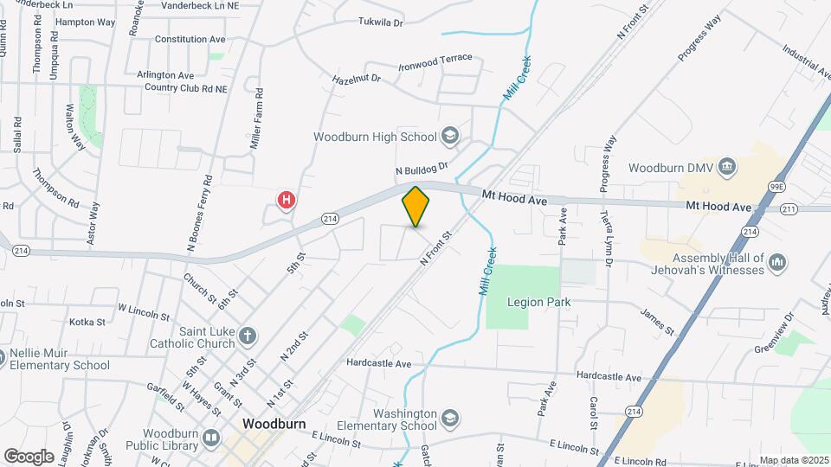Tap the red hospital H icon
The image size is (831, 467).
[287, 201]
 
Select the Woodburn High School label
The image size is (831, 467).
[375, 137]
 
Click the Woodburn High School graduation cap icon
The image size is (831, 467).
[450, 136]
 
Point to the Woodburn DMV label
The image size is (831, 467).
[669, 168]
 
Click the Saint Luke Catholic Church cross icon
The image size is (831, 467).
[247, 336]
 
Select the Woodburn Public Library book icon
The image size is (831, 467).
[211, 438]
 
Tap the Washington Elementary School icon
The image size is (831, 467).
[449, 419]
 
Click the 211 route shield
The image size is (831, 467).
[788, 208]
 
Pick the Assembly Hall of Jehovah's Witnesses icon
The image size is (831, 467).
[776, 261]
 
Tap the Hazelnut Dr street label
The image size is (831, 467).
[357, 79]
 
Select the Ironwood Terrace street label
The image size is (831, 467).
[435, 60]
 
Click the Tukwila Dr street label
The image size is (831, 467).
[380, 22]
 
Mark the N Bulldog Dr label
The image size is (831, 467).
[422, 168]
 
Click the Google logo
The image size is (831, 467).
[29, 456]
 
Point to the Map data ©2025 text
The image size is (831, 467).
[794, 460]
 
